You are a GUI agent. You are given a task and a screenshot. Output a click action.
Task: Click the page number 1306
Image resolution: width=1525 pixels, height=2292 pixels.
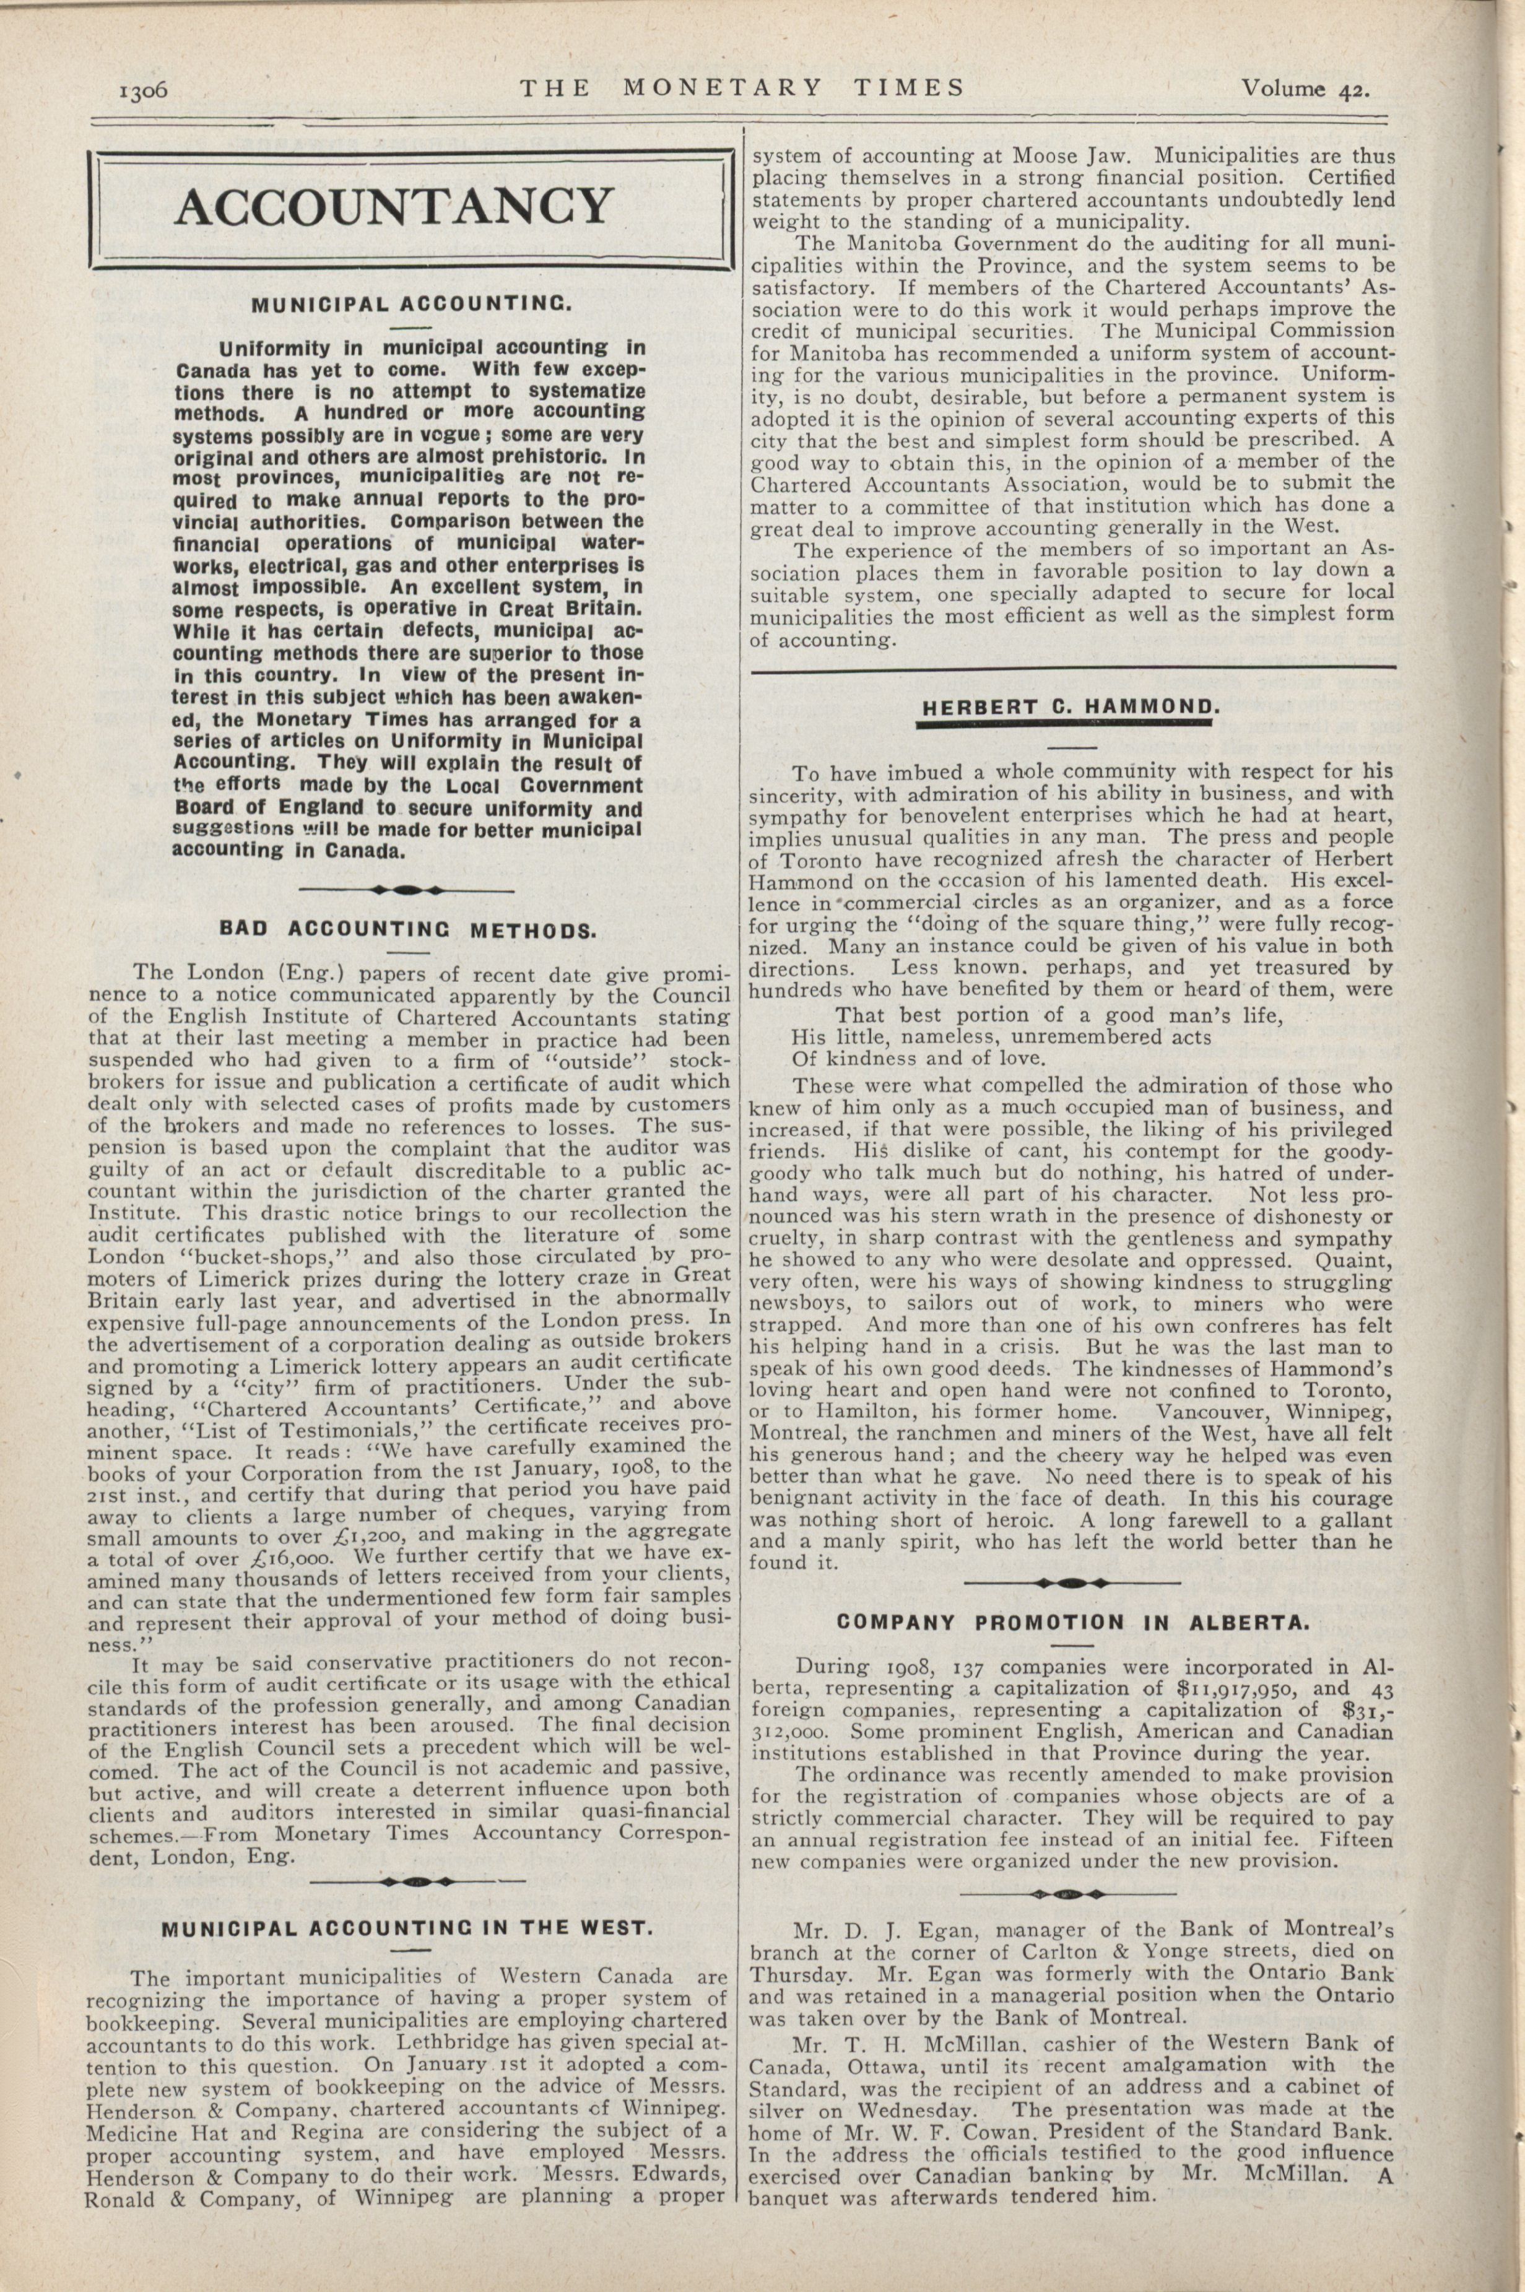click(x=144, y=90)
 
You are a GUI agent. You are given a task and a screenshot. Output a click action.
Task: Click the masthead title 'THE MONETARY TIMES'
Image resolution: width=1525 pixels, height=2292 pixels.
click(x=741, y=87)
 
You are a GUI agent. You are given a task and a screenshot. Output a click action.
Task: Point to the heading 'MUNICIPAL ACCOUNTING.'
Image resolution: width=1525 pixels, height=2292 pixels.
click(x=411, y=305)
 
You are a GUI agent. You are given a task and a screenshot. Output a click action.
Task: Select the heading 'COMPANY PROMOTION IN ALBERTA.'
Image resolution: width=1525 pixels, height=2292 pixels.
click(x=1073, y=1622)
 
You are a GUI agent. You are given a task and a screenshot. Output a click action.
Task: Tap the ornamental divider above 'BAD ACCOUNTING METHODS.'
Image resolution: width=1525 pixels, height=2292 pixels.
click(x=407, y=889)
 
